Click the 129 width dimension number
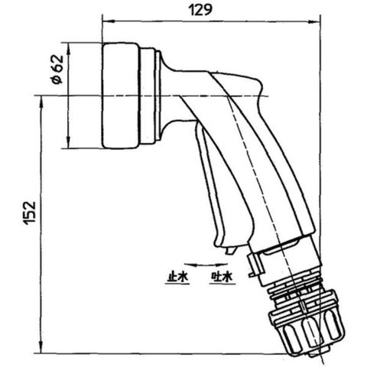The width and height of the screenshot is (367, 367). [200, 10]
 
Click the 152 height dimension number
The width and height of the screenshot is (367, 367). [30, 213]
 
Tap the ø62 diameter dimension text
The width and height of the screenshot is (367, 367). [57, 70]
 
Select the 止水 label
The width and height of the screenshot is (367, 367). [177, 277]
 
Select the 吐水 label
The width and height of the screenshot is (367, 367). [222, 277]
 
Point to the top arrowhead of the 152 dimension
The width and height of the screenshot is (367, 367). [41, 102]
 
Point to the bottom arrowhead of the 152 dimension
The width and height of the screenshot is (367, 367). [41, 347]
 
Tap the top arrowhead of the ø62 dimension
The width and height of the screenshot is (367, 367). [68, 49]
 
